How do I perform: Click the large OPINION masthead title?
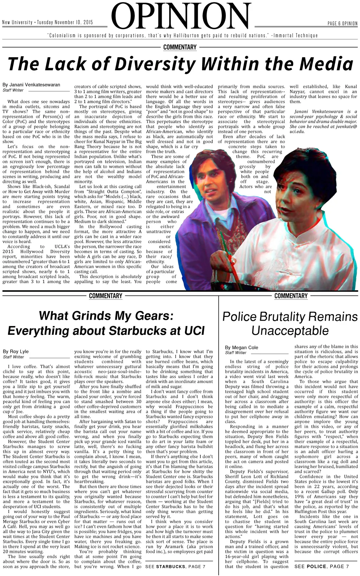[x=180, y=16]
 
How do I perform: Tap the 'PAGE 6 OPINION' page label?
[x=342, y=24]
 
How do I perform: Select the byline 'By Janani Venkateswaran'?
[x=31, y=85]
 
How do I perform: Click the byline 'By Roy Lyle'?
[x=16, y=351]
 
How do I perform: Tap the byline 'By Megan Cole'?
[x=242, y=347]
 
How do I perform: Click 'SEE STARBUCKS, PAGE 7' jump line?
[x=175, y=567]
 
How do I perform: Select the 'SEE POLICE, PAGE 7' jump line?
[x=322, y=567]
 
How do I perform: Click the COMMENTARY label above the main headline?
[x=180, y=47]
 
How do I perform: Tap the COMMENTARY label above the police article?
[x=291, y=296]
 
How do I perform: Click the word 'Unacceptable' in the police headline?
[x=290, y=331]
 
